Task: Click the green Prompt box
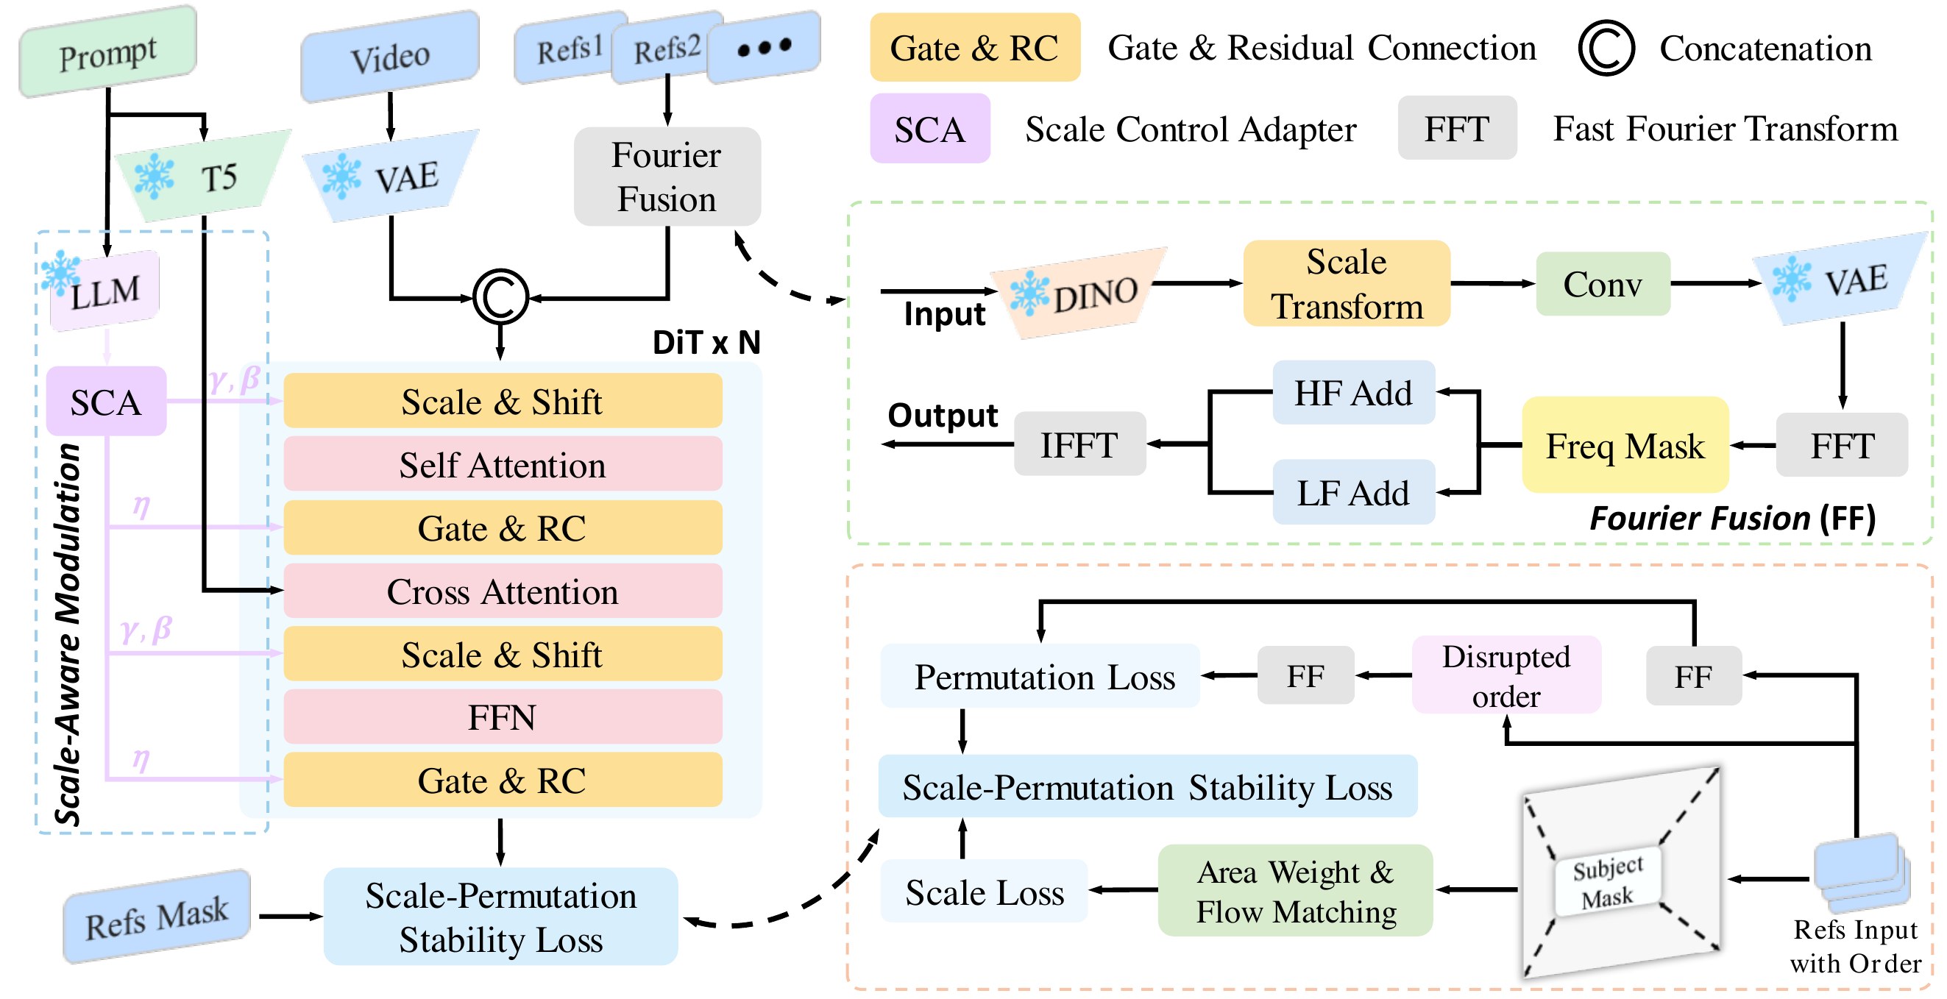tap(108, 52)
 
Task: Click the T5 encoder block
tap(202, 176)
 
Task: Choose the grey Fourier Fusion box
tap(667, 177)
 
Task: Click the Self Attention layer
tap(503, 464)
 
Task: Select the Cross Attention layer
tap(503, 591)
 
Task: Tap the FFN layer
tap(503, 717)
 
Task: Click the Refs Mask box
tap(157, 916)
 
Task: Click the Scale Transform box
tap(1347, 283)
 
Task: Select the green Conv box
tap(1603, 284)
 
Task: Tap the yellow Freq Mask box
tap(1625, 445)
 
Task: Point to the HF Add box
tap(1354, 392)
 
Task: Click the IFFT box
tap(1080, 444)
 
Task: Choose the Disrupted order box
tap(1506, 675)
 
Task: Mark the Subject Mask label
tap(1608, 882)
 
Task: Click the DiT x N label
tap(706, 342)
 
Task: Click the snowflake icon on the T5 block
tap(155, 176)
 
